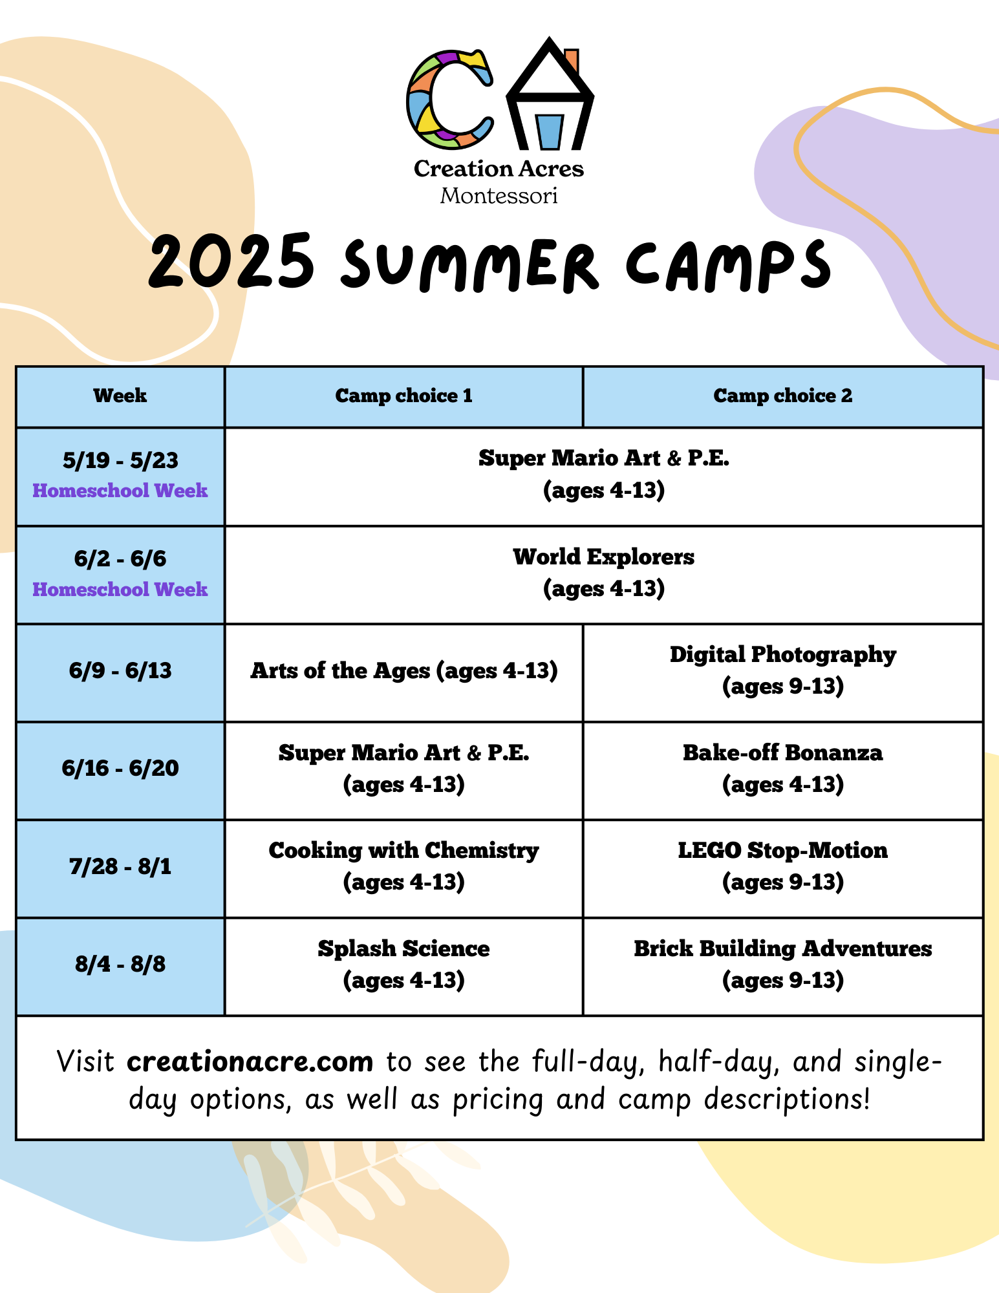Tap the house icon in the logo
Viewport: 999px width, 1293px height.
(550, 93)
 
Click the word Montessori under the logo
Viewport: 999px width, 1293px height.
(499, 195)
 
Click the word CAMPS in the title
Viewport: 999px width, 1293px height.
(728, 264)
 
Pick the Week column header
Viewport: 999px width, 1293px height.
(120, 396)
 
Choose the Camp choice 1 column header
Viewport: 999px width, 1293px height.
(403, 396)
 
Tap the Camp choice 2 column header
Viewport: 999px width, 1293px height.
(782, 396)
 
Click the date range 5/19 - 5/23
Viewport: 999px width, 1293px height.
(120, 460)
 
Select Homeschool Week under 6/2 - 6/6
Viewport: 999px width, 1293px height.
(120, 589)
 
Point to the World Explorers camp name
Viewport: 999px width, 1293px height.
(603, 557)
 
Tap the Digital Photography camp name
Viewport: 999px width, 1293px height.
(782, 654)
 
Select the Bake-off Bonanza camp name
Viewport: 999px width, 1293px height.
(782, 753)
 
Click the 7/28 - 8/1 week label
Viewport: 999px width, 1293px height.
(120, 866)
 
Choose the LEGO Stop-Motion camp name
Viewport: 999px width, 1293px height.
(782, 850)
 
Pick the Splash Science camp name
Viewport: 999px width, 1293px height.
(403, 948)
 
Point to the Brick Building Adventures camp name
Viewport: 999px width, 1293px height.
(782, 948)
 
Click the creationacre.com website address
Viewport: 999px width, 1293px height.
(250, 1062)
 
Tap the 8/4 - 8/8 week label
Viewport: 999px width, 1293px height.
(120, 964)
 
